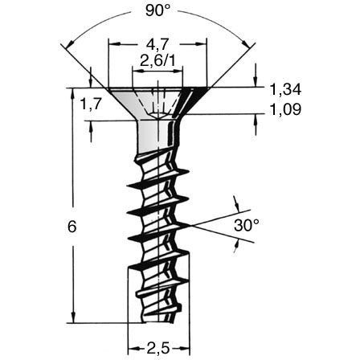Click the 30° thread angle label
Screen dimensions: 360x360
(x=247, y=226)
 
